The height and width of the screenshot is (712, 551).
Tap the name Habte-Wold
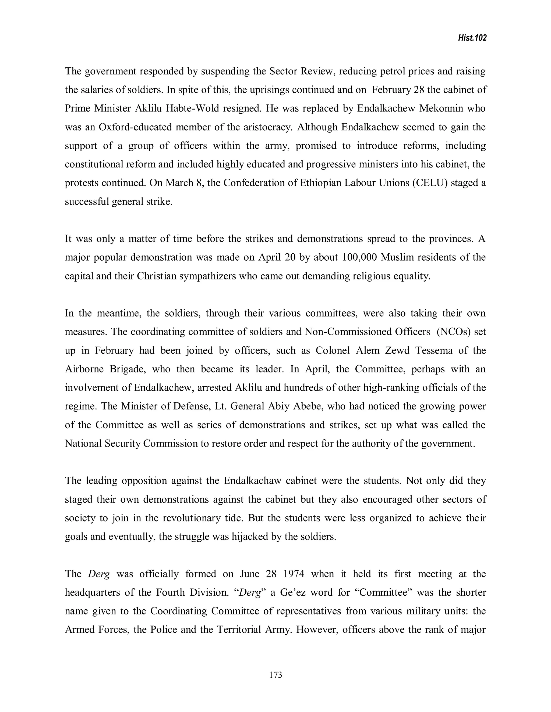[192, 109]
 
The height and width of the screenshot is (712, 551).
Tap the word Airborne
[84, 369]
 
